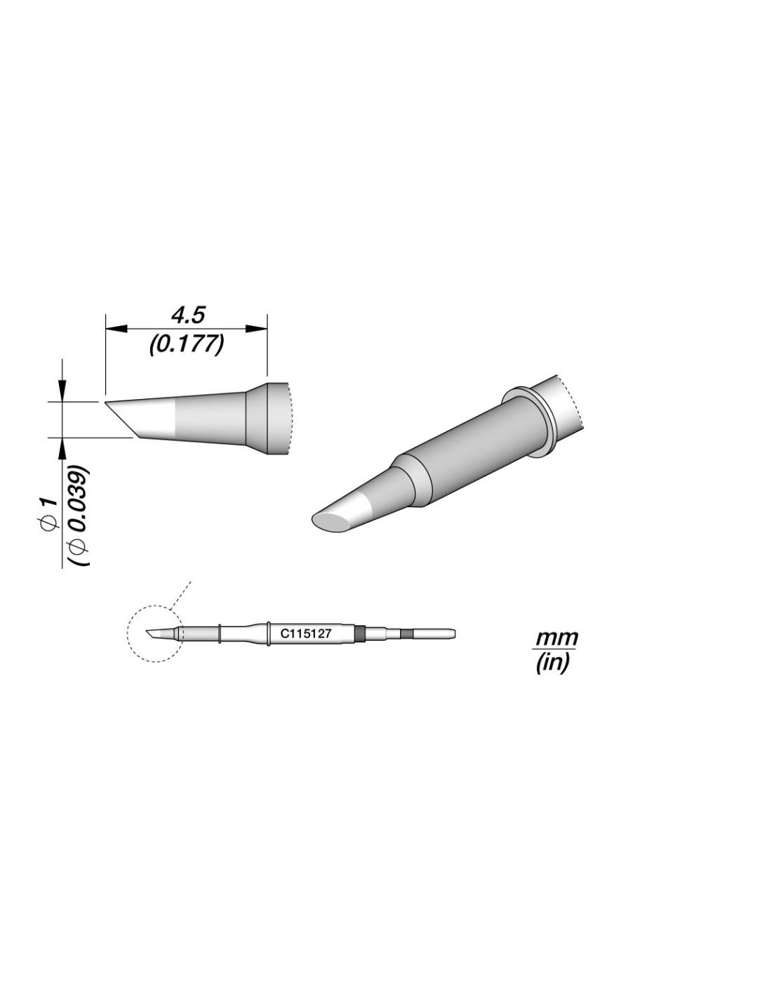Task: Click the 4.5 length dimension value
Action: (x=187, y=316)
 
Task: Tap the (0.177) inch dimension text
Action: (x=187, y=344)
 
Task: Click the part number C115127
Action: (x=305, y=634)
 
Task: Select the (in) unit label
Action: (x=552, y=662)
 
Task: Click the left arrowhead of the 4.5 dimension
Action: (x=115, y=328)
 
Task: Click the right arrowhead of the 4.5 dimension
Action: (x=256, y=328)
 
